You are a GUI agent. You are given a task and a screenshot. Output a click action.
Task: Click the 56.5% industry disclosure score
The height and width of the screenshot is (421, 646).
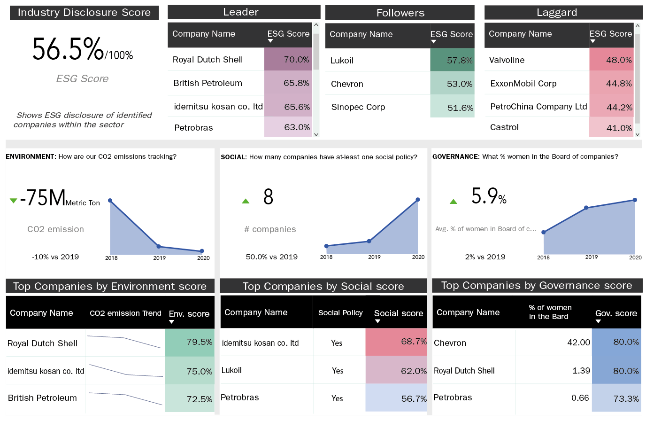click(x=68, y=49)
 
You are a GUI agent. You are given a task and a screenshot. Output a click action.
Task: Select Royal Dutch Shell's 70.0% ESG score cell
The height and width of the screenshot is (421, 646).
click(x=288, y=60)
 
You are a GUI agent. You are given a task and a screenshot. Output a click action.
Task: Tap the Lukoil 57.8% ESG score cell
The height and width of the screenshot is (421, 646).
click(x=452, y=60)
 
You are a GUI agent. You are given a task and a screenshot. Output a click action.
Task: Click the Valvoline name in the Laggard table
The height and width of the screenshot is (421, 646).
click(x=507, y=60)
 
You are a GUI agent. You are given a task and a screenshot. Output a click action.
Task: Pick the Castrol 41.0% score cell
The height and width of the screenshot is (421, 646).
click(x=611, y=127)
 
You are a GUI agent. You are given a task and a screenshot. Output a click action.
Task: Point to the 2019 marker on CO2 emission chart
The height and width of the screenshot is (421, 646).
click(x=159, y=246)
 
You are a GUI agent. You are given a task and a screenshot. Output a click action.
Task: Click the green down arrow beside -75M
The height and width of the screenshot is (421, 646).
click(x=14, y=201)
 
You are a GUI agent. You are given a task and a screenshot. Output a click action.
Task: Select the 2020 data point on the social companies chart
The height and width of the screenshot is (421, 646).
click(x=417, y=200)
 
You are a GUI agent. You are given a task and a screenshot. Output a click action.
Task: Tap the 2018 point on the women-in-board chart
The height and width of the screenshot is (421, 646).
click(x=544, y=232)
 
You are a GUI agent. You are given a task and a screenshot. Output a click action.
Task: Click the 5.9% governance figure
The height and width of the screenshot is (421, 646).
click(x=488, y=196)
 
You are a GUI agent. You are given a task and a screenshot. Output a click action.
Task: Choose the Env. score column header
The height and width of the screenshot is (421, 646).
click(x=189, y=314)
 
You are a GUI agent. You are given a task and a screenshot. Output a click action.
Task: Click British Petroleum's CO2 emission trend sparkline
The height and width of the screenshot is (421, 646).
click(x=125, y=398)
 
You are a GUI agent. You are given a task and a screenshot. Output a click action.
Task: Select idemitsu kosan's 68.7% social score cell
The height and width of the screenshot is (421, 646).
click(x=396, y=342)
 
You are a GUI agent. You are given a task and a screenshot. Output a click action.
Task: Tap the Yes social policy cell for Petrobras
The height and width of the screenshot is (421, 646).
click(x=337, y=398)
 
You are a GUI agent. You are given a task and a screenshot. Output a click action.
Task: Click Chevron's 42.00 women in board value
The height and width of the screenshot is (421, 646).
click(x=578, y=343)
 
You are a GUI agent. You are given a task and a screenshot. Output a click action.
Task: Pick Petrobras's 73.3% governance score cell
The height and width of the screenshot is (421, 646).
click(x=616, y=398)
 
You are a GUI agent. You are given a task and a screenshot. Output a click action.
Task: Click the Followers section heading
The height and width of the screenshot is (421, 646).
click(x=400, y=13)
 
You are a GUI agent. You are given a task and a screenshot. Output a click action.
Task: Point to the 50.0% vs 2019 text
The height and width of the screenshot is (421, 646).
click(x=272, y=257)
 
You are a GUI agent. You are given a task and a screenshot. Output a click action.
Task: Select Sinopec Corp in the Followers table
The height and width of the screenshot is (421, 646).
click(x=358, y=107)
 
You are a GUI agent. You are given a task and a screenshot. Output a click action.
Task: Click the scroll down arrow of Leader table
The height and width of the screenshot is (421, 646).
click(x=316, y=134)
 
